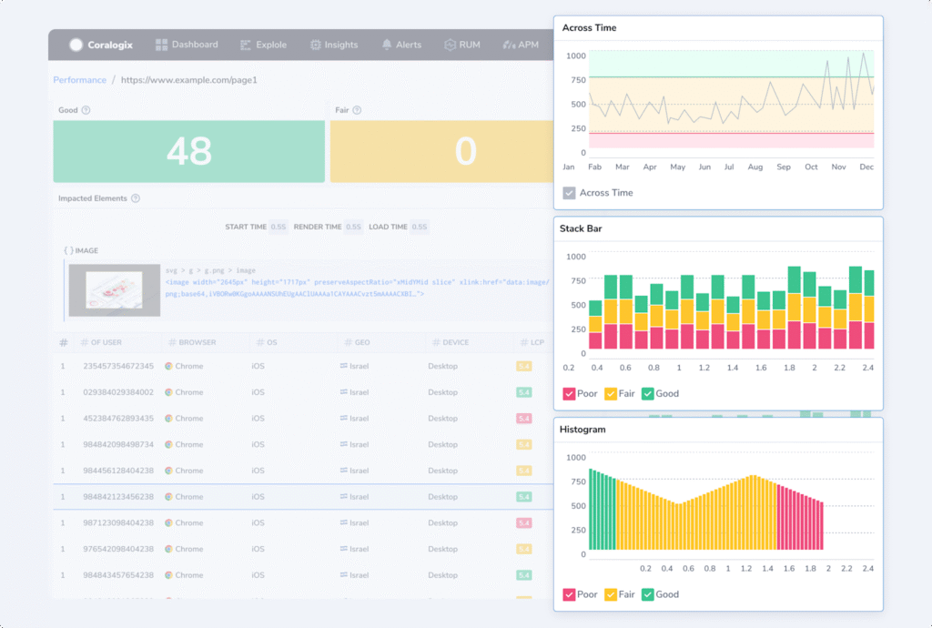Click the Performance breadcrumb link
[x=80, y=80]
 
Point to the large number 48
[x=189, y=152]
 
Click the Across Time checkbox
[x=569, y=193]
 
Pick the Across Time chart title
[x=589, y=28]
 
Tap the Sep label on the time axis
[x=784, y=167]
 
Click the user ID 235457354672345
[x=118, y=366]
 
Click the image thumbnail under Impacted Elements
[x=115, y=290]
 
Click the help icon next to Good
[x=86, y=110]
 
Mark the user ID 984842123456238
[x=118, y=497]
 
